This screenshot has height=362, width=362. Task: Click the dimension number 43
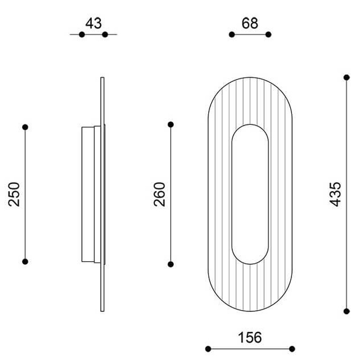(94, 24)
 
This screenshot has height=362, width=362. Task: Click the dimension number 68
(250, 24)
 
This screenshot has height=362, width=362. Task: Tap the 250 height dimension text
(14, 194)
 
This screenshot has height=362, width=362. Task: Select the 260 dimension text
(159, 194)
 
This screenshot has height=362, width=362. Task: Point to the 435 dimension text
(335, 194)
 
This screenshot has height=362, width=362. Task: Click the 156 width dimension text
(250, 337)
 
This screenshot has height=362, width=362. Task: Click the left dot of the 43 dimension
(81, 34)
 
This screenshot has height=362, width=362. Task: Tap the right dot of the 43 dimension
(105, 34)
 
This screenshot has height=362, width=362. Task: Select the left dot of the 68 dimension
(232, 34)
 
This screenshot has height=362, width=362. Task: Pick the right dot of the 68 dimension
(268, 34)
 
